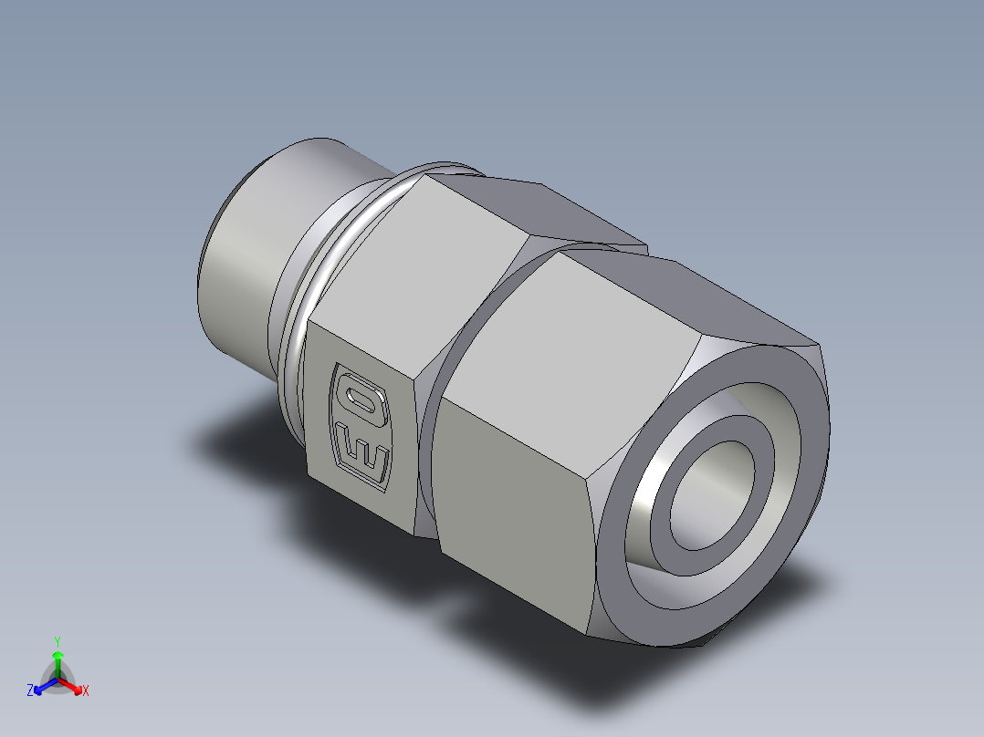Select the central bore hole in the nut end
(x=712, y=497)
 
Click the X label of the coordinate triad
(x=86, y=691)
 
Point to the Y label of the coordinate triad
(x=58, y=641)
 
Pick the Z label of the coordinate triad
(x=30, y=691)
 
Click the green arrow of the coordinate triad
(x=58, y=659)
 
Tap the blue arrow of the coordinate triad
(x=43, y=686)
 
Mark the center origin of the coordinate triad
(x=58, y=679)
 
